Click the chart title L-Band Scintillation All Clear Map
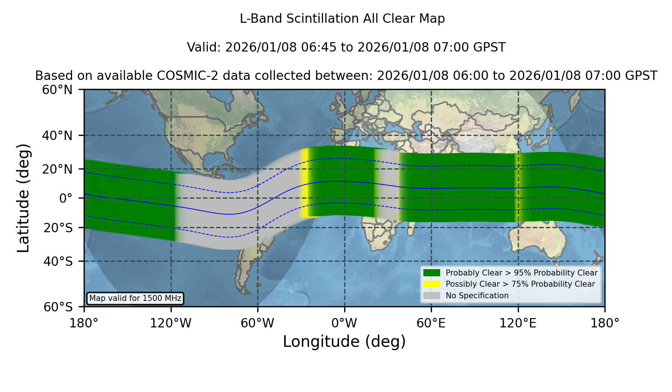pyautogui.click(x=342, y=18)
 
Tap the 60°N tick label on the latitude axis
pyautogui.click(x=57, y=90)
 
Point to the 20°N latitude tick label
pyautogui.click(x=57, y=169)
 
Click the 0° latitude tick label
pyautogui.click(x=66, y=198)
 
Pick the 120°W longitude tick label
pyautogui.click(x=171, y=323)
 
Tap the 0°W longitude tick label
pyautogui.click(x=344, y=323)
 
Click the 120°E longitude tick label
pyautogui.click(x=518, y=323)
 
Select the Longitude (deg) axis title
pyautogui.click(x=344, y=342)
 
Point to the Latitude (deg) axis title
pyautogui.click(x=23, y=198)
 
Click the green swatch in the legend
pyautogui.click(x=432, y=273)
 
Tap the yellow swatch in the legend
pyautogui.click(x=432, y=284)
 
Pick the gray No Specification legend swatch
pyautogui.click(x=432, y=296)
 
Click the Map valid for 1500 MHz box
pyautogui.click(x=135, y=298)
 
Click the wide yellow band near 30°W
pyautogui.click(x=304, y=183)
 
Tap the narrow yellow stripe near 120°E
pyautogui.click(x=517, y=187)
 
